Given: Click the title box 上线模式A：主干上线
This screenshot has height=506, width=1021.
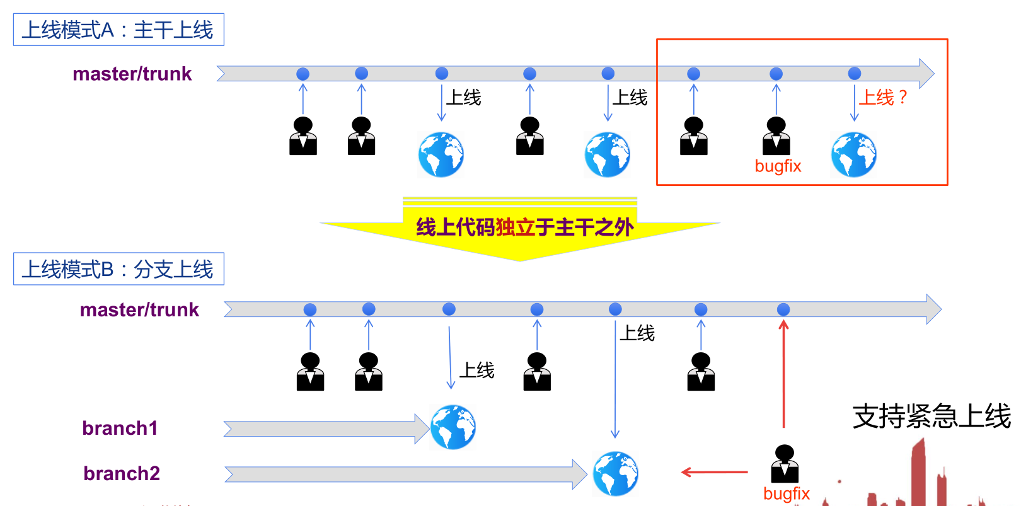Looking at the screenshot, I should click(118, 30).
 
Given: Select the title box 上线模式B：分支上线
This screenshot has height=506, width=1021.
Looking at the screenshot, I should click(118, 269).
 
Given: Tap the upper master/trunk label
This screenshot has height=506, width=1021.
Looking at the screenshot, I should click(132, 74).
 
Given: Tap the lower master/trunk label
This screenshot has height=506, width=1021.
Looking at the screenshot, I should click(139, 309).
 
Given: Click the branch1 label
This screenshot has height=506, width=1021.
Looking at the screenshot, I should click(120, 428).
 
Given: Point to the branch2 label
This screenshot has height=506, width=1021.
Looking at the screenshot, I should click(122, 473).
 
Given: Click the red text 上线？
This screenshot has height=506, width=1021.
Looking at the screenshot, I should click(883, 97).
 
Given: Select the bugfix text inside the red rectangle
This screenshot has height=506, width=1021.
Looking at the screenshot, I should click(778, 166).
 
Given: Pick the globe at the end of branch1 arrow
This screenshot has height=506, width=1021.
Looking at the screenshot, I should click(453, 427).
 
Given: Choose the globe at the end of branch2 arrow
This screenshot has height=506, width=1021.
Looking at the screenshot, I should click(615, 473).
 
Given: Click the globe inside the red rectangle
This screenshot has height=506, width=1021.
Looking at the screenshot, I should click(853, 154).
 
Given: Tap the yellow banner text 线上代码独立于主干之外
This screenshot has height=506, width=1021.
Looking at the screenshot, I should click(524, 227).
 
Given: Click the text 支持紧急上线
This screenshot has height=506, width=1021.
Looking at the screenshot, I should click(932, 417).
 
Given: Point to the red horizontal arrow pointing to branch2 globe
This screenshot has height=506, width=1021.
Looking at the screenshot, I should click(715, 472).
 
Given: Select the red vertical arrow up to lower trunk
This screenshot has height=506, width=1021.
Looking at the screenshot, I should click(783, 375).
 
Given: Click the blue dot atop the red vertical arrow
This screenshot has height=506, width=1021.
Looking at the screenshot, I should click(783, 309).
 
